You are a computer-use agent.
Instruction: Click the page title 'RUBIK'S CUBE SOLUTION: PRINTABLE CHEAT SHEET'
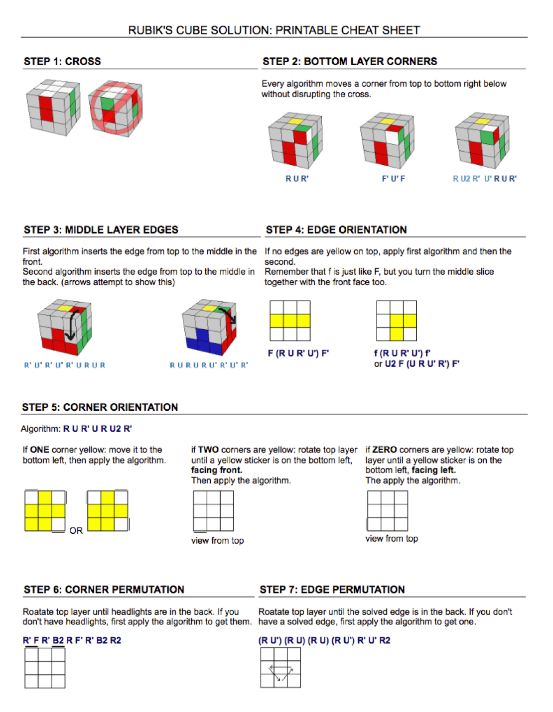[274, 30]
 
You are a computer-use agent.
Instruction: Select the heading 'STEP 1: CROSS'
[62, 61]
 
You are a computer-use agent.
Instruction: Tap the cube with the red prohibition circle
[116, 108]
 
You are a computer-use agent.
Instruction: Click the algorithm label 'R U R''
[297, 179]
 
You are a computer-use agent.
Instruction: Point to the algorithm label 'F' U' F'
[393, 179]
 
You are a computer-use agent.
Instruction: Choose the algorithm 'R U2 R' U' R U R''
[484, 179]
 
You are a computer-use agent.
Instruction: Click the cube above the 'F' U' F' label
[387, 141]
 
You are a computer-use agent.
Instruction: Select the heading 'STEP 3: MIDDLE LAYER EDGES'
[101, 230]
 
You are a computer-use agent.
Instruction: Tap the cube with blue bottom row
[209, 327]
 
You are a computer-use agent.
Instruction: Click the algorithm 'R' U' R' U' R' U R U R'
[65, 365]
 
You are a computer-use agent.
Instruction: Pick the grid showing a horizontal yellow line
[290, 321]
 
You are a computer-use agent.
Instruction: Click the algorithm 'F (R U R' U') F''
[298, 353]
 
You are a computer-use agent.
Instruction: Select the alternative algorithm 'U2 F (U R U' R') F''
[421, 364]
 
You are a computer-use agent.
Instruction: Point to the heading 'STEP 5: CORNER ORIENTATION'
[100, 407]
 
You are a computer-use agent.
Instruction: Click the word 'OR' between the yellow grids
[76, 531]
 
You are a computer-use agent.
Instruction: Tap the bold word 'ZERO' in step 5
[385, 450]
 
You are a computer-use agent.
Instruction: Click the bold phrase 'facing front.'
[216, 470]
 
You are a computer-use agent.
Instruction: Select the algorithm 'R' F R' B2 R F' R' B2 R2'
[72, 640]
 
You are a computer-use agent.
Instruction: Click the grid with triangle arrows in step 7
[280, 668]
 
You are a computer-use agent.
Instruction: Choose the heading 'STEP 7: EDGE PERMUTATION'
[332, 590]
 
